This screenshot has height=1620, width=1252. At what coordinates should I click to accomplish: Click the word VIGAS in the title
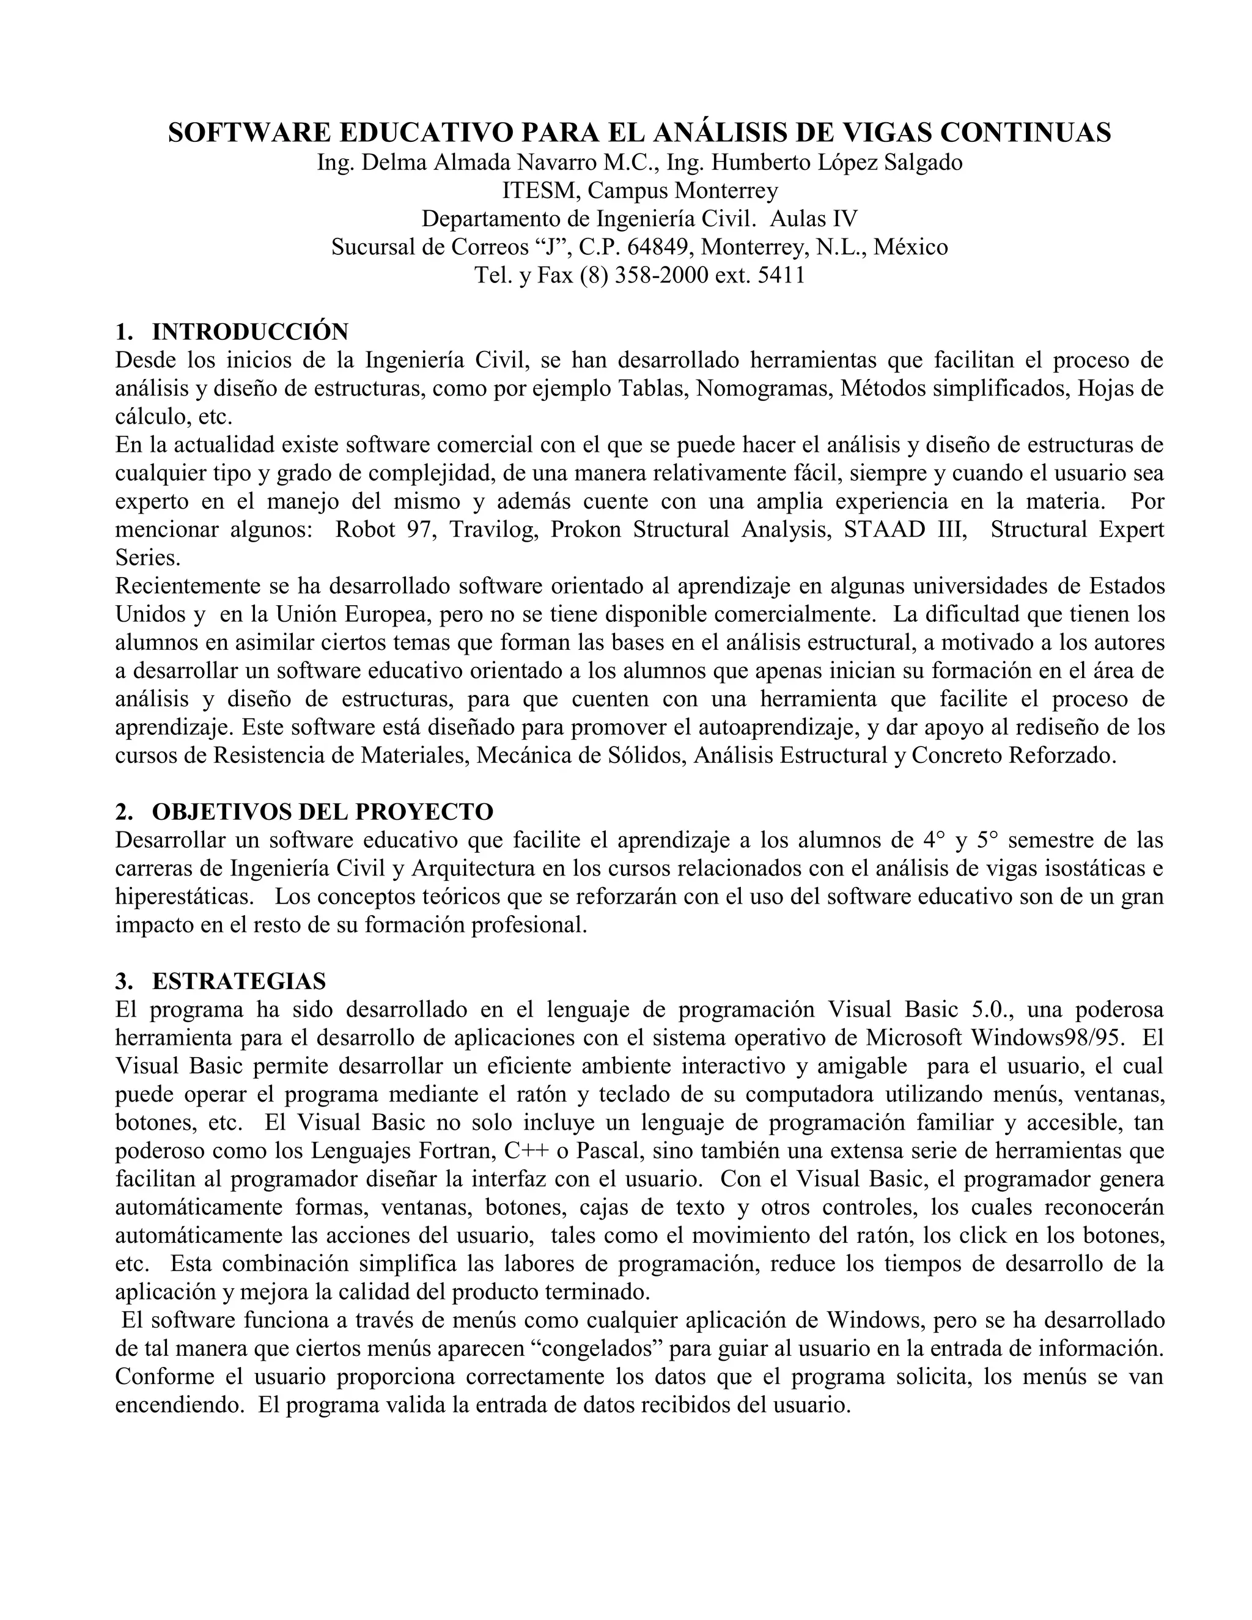pyautogui.click(x=883, y=133)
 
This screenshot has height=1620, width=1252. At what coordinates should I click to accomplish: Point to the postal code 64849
pyautogui.click(x=658, y=247)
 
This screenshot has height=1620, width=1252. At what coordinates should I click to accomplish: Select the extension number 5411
pyautogui.click(x=781, y=275)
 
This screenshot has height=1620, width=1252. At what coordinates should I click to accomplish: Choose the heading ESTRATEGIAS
pyautogui.click(x=239, y=981)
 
